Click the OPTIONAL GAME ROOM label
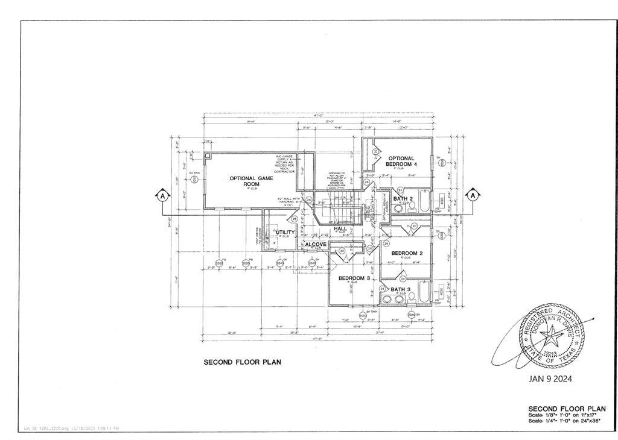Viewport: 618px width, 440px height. click(251, 181)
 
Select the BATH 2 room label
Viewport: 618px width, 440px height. click(403, 198)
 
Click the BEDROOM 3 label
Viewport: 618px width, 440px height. click(354, 278)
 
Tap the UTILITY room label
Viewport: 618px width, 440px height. click(285, 233)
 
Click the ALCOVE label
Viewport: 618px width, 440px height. click(316, 244)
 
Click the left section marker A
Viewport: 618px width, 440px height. click(162, 195)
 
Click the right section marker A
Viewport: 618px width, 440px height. click(473, 195)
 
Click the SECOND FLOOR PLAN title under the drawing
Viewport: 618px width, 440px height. click(242, 362)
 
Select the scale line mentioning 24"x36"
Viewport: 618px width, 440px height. click(566, 421)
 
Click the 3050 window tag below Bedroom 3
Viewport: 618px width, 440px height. click(363, 316)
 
